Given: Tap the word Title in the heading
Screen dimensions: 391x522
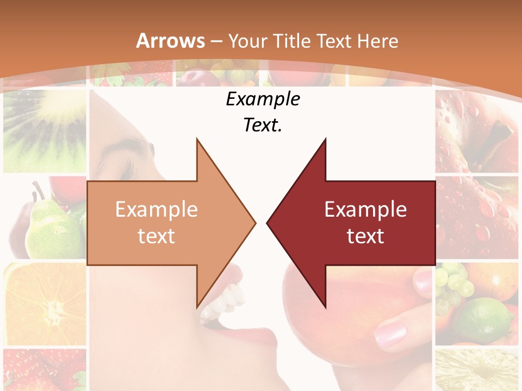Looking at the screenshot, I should click(291, 41).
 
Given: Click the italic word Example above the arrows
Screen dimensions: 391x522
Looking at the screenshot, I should click(263, 99).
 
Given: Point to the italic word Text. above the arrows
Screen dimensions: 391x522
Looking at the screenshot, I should click(263, 125).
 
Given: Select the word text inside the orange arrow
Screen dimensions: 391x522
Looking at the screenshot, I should click(156, 236).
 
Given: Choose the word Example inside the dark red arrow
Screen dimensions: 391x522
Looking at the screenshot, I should click(365, 209).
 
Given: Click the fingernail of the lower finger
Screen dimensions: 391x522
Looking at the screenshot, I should click(390, 332).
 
